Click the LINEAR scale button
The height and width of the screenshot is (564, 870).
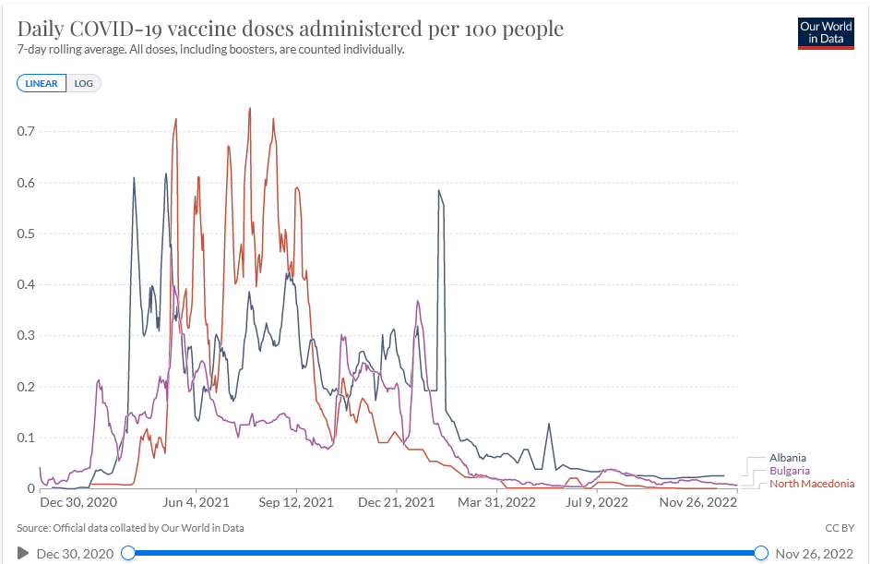click(x=42, y=83)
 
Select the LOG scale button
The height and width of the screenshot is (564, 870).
click(x=84, y=83)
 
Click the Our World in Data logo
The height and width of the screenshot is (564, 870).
click(x=826, y=32)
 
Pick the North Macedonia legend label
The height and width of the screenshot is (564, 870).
click(x=812, y=484)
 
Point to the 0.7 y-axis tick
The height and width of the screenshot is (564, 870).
click(x=26, y=132)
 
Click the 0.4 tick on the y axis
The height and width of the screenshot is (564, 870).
click(x=26, y=285)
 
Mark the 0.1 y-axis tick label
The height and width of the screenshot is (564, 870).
click(x=26, y=438)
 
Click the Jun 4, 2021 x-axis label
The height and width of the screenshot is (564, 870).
click(x=196, y=503)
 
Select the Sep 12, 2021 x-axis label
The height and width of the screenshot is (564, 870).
click(x=296, y=503)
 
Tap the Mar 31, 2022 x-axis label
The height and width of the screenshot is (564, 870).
click(x=497, y=503)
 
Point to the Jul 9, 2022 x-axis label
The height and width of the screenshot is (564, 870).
click(x=597, y=503)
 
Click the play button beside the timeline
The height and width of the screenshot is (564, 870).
click(x=23, y=553)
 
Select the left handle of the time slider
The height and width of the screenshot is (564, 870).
click(x=128, y=553)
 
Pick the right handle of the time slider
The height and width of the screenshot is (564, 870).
click(x=761, y=553)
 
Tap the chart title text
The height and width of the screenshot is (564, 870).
click(x=290, y=29)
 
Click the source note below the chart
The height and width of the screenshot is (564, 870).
click(x=130, y=528)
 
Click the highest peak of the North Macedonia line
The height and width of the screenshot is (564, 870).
click(x=250, y=109)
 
